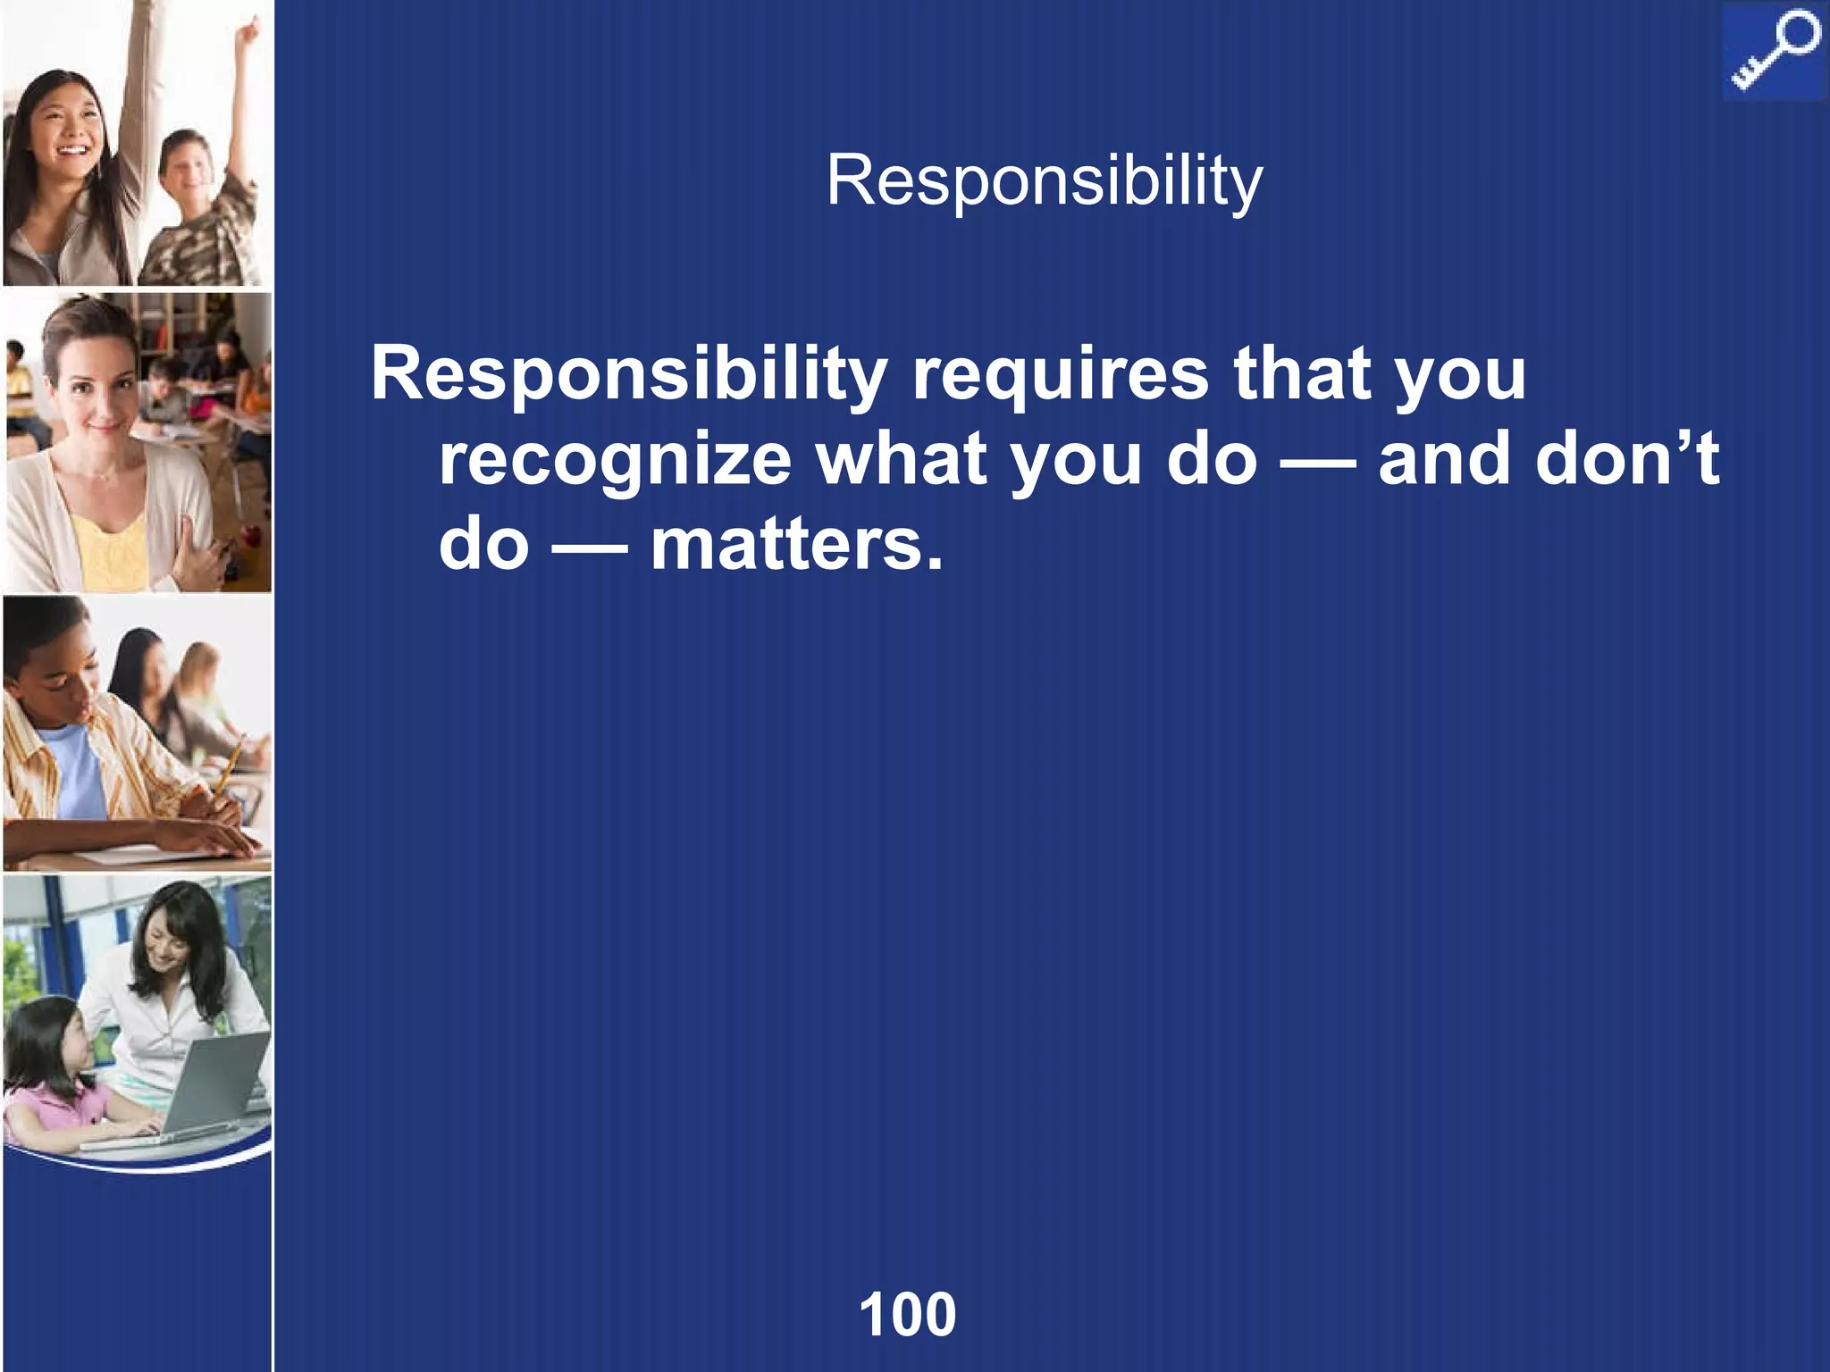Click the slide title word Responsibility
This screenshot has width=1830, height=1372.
click(1044, 182)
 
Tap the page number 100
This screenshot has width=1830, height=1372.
click(907, 1314)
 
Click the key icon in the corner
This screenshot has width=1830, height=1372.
click(1775, 52)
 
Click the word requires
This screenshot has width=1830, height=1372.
click(1060, 375)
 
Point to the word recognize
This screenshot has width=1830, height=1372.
click(615, 459)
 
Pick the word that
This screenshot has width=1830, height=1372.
click(1301, 375)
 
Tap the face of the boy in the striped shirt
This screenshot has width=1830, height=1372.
click(58, 670)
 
